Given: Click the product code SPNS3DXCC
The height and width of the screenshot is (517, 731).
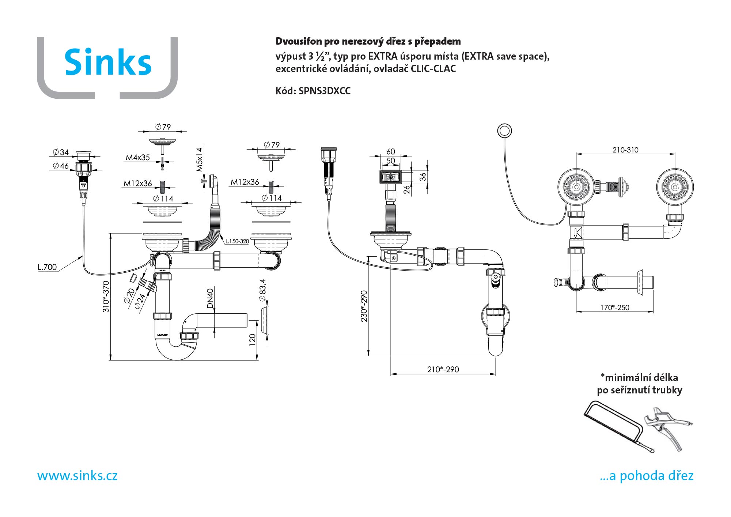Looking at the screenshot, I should [x=324, y=91].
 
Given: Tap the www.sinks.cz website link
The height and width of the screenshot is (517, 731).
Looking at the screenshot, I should [x=77, y=476].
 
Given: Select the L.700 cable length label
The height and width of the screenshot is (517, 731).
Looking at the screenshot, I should [x=47, y=267].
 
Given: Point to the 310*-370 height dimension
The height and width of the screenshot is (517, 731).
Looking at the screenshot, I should [x=106, y=297].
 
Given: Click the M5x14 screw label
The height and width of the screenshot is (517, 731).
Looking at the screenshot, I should [x=199, y=159].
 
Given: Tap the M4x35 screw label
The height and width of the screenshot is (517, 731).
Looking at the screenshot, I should [x=138, y=158].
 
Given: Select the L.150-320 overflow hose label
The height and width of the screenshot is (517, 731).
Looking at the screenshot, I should [x=237, y=241].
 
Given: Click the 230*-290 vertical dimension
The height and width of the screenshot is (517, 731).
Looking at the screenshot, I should [x=364, y=306].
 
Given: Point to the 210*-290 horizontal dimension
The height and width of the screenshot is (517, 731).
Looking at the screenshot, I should [x=443, y=369].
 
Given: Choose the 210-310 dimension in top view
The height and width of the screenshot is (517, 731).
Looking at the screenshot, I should [x=625, y=150].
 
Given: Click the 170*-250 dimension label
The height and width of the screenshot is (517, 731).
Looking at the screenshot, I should [x=615, y=307].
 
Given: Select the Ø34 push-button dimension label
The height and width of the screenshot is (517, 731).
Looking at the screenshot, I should [x=61, y=152].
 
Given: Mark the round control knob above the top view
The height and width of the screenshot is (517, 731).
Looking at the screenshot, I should [x=504, y=131].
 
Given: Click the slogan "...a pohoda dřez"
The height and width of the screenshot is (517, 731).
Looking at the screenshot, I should [x=647, y=476].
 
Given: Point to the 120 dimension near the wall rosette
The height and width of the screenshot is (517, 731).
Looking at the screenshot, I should [x=252, y=339].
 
